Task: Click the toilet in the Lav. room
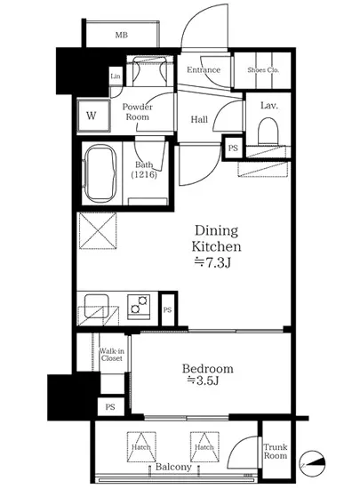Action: pos(268,131)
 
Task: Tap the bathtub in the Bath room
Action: pos(100,174)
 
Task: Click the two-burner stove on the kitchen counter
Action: pos(139,306)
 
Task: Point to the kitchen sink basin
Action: pos(97,306)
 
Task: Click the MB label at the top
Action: pos(122,35)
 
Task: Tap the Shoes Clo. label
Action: pos(263,70)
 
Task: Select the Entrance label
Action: pos(204,69)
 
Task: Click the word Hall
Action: pos(199,119)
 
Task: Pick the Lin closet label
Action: pos(116,76)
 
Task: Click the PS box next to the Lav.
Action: pos(233,148)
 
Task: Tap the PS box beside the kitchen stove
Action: pos(168,309)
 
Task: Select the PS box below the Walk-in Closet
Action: pos(110,407)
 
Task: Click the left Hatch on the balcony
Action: pos(141,446)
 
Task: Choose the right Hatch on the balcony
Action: pos(204,446)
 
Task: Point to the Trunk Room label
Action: pos(276,452)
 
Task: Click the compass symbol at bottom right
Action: pos(313,463)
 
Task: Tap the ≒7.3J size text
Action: pos(212,263)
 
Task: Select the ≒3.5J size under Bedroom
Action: pos(203,381)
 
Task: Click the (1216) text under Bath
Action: pos(144,174)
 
